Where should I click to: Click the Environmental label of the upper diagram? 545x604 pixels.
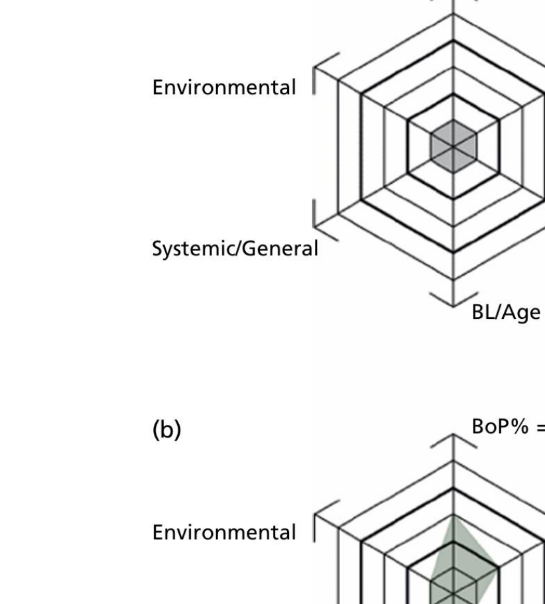[224, 87]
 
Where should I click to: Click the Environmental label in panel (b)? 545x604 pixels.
[224, 532]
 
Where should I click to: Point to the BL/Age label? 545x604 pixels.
[506, 312]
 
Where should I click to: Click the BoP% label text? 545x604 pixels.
[500, 427]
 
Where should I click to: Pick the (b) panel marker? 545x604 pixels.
[167, 429]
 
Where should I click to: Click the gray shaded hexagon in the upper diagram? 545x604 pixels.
[454, 147]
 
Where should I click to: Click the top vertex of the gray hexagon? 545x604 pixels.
[454, 120]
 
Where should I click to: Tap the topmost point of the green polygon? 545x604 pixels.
[454, 516]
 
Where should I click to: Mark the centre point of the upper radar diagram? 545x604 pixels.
[454, 147]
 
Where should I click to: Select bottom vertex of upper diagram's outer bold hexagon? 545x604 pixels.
[454, 253]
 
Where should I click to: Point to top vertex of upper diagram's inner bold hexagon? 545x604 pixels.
[454, 93]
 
